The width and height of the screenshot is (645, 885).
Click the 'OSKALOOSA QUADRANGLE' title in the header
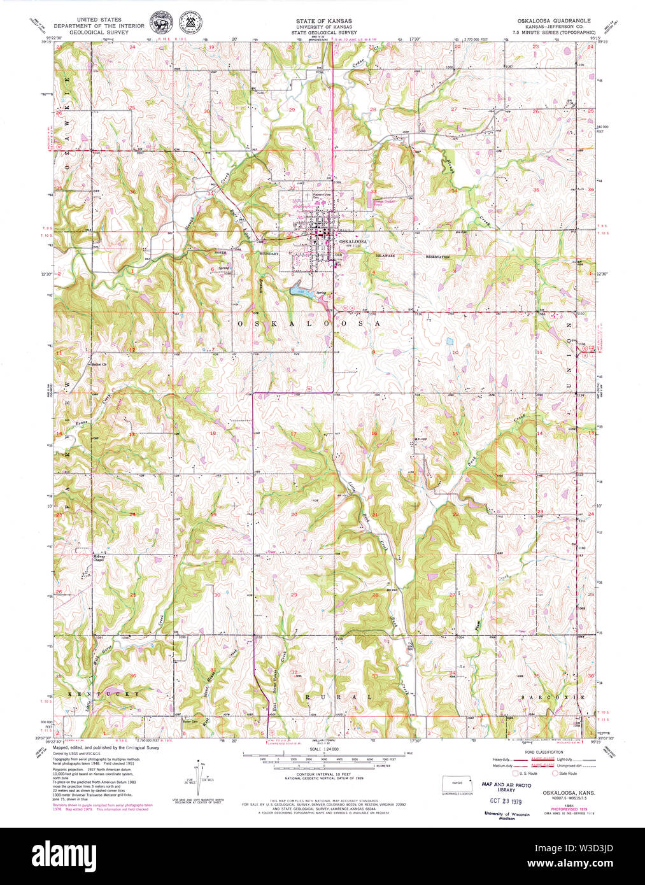coord(553,21)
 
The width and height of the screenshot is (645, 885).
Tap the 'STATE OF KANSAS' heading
coord(323,21)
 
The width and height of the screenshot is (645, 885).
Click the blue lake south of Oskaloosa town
coord(300,292)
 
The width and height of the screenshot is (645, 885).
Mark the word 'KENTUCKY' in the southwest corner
coord(105,693)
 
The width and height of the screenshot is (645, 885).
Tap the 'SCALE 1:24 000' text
coord(323,750)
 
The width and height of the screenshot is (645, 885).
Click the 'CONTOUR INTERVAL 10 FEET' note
coord(323,775)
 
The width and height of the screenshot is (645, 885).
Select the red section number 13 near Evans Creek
coord(132,434)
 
